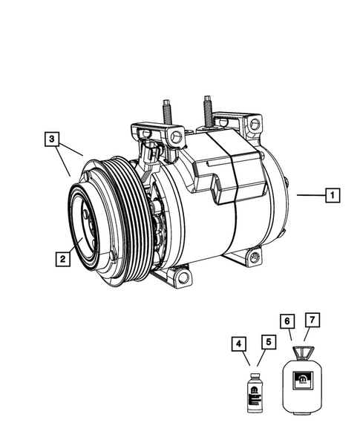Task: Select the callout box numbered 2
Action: pos(62,259)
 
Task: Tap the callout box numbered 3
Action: pos(52,139)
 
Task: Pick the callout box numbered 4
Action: pos(238,344)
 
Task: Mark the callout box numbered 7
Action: pos(314,321)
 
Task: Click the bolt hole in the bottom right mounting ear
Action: pos(255,257)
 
